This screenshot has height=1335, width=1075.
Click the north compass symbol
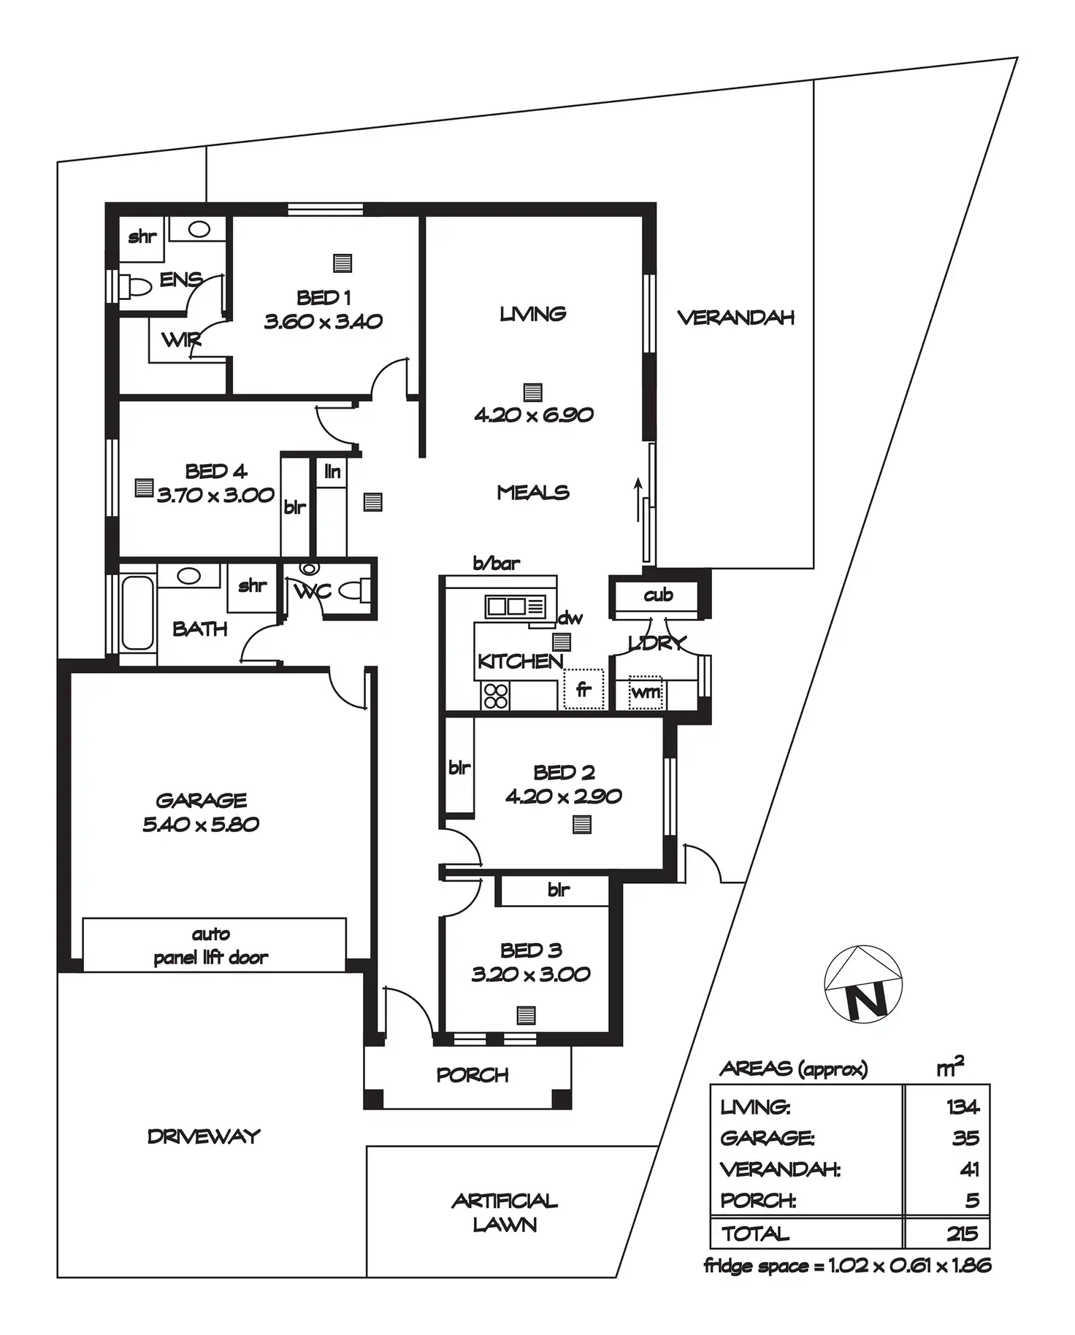point(862,985)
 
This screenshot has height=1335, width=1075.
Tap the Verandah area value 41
point(968,1169)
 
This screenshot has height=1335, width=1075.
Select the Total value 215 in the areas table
point(962,1234)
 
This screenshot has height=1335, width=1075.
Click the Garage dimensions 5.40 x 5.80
point(201,824)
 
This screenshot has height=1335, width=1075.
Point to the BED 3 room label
point(531,950)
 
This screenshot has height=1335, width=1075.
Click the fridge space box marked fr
point(584,689)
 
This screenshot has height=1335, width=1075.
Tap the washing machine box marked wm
point(646,691)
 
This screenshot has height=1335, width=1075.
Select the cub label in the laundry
point(658,595)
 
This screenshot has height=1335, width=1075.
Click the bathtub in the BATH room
point(138,613)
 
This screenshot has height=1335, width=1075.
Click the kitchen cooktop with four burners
point(495,696)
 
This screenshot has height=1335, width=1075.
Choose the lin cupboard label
point(332,472)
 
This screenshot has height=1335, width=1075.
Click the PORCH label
point(473,1074)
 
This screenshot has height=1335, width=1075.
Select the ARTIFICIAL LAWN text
point(505,1212)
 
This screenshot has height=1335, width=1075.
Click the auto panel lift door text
point(211,946)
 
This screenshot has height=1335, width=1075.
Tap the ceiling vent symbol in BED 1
point(343,263)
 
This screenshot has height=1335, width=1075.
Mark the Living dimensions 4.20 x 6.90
point(533,415)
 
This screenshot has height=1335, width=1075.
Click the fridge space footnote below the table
point(847,1266)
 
